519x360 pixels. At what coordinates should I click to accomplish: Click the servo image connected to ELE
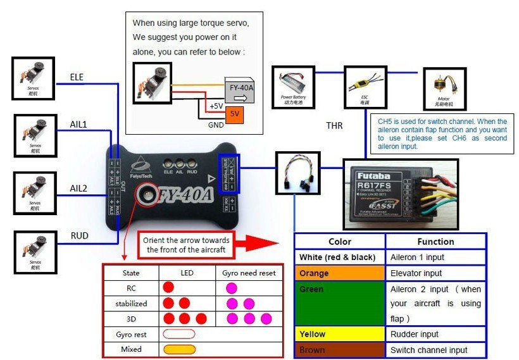[33, 78]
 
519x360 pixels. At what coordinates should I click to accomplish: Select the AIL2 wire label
[78, 189]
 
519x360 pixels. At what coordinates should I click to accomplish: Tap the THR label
[334, 126]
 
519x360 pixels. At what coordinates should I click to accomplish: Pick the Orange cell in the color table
[339, 273]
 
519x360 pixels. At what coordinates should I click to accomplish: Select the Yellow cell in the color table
[339, 334]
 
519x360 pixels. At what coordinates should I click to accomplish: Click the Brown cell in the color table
[339, 350]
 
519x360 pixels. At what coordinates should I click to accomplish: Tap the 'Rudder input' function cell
[435, 334]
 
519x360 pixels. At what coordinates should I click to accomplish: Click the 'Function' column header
[435, 242]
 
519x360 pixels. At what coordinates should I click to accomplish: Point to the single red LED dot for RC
[168, 287]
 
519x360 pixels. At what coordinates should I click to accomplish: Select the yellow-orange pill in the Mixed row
[179, 349]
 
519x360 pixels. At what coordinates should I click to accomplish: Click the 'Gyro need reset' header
[249, 273]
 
